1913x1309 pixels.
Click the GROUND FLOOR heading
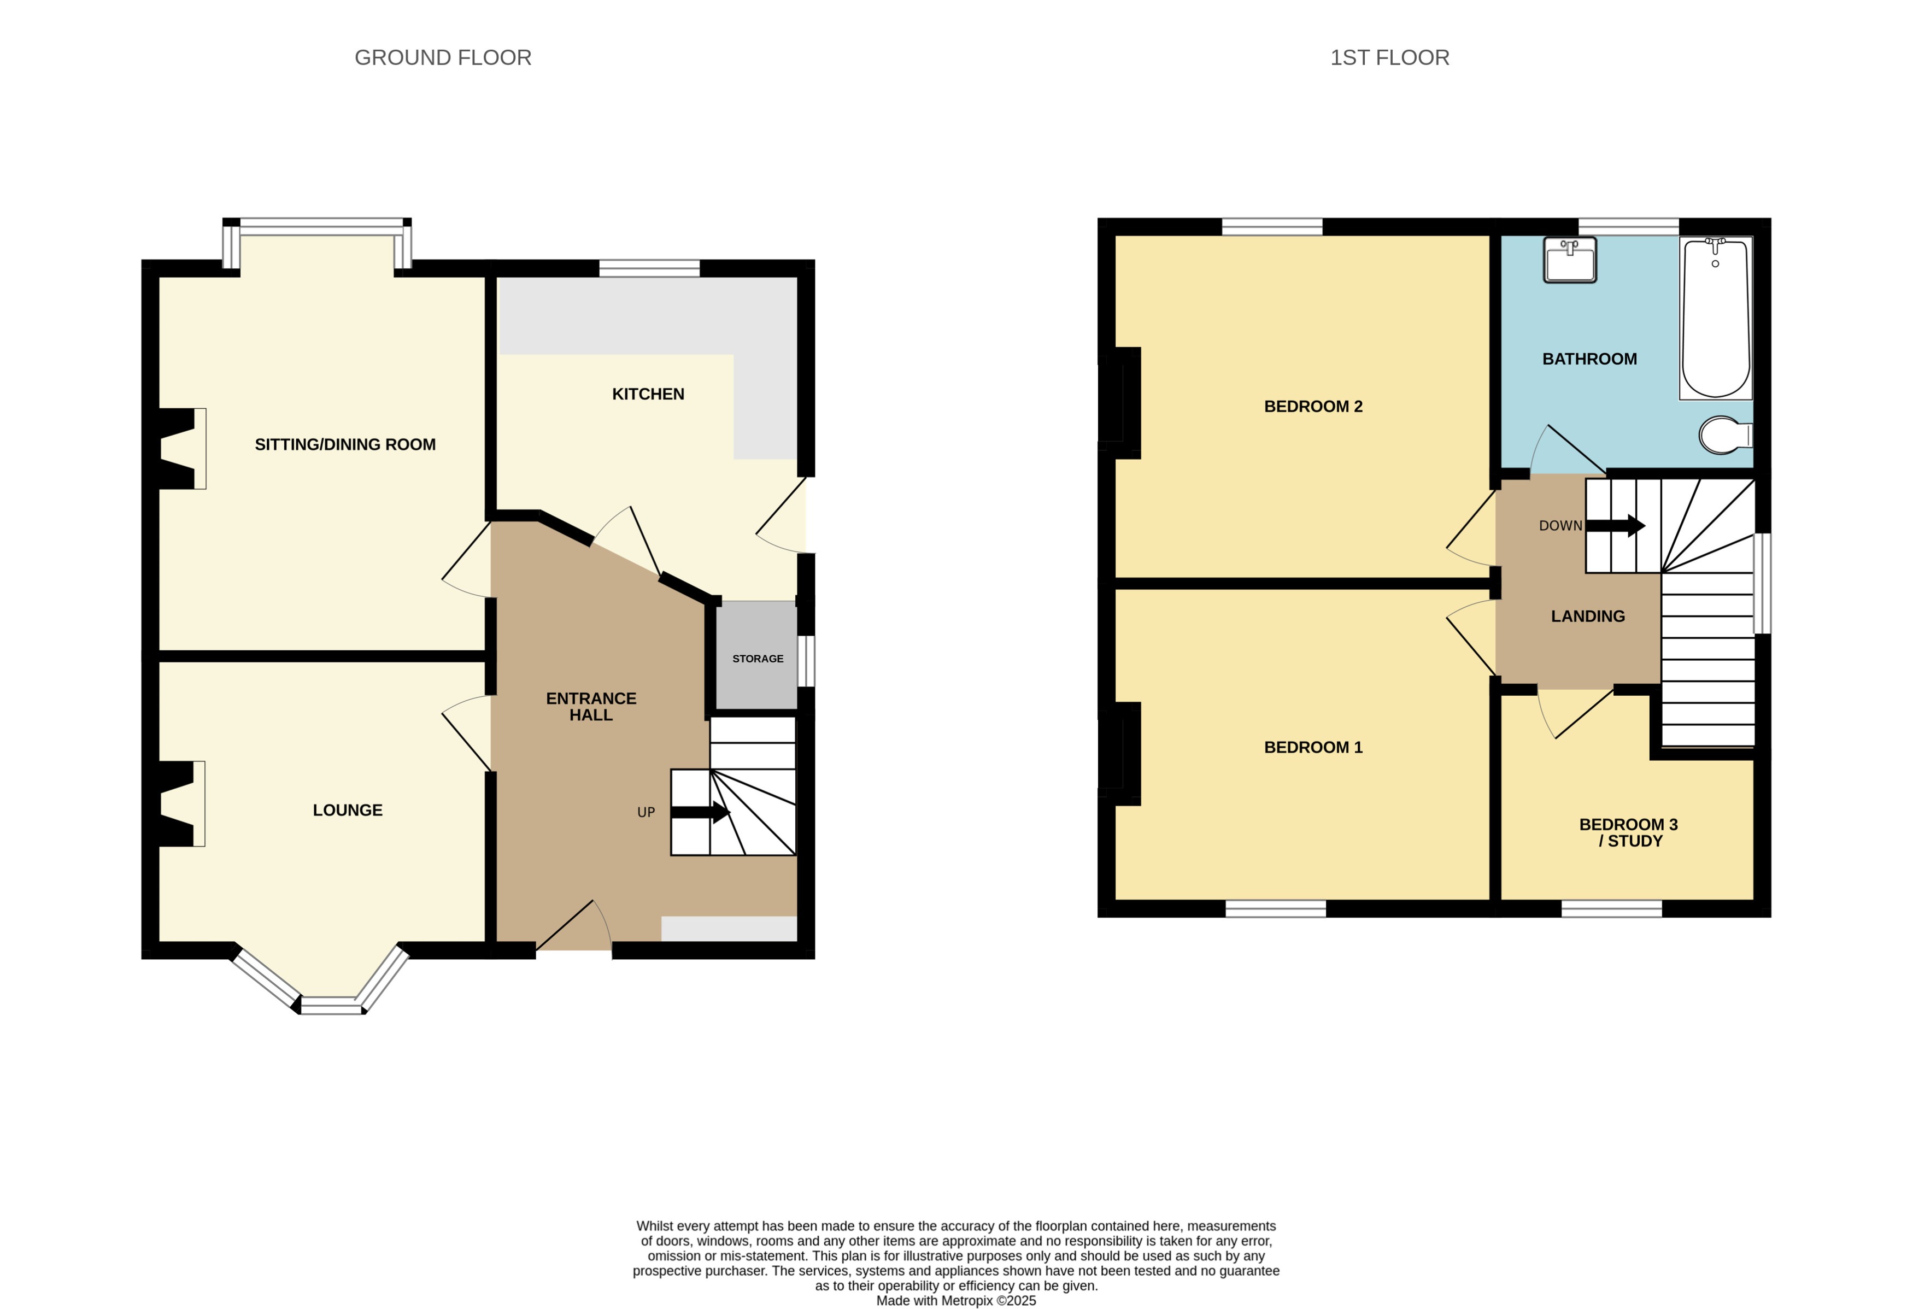(x=442, y=57)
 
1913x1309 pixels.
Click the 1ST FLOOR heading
(x=1389, y=57)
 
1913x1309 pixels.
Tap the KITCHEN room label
(x=648, y=395)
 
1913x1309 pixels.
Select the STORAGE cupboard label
(x=758, y=659)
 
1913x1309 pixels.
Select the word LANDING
(x=1587, y=617)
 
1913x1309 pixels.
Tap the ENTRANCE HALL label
(x=590, y=706)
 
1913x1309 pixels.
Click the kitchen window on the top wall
(x=649, y=268)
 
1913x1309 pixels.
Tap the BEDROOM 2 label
(x=1312, y=407)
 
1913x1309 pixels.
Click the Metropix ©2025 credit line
(x=955, y=1301)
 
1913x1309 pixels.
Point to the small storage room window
(x=807, y=660)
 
